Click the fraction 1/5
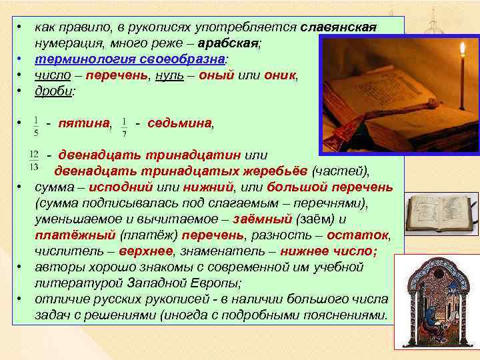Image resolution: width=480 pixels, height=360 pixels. (x=35, y=125)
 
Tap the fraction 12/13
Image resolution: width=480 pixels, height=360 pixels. (x=35, y=160)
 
